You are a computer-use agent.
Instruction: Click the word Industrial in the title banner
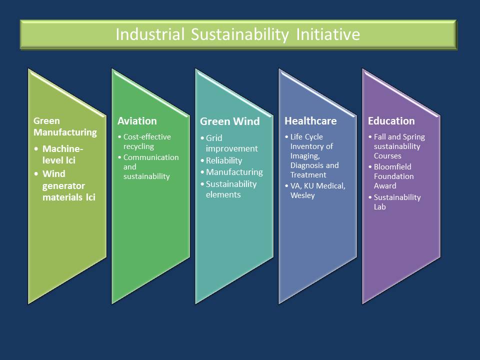point(150,34)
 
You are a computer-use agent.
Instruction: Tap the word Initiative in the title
point(328,34)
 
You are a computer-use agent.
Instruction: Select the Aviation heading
point(137,121)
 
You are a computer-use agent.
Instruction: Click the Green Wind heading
point(230,121)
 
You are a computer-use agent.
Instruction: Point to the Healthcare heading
point(310,121)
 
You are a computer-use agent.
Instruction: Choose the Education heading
point(391,121)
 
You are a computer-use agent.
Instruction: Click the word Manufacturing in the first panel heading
point(65,132)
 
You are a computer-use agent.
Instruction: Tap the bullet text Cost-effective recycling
point(147,141)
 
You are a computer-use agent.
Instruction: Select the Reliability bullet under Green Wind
point(224,160)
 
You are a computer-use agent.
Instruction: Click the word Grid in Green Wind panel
point(214,138)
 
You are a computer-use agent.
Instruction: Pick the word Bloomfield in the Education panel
point(392,167)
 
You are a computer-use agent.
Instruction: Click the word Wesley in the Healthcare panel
point(302,195)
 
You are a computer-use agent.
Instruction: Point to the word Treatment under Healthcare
point(308,175)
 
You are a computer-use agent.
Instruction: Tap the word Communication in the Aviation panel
point(151,157)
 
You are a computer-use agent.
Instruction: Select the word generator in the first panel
point(63,186)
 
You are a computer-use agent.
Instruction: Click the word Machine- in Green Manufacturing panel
point(63,149)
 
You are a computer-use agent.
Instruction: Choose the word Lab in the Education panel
point(379,207)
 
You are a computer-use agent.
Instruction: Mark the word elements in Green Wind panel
point(223,194)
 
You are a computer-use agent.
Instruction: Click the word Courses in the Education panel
point(387,156)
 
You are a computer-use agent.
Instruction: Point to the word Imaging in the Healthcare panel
point(305,156)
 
